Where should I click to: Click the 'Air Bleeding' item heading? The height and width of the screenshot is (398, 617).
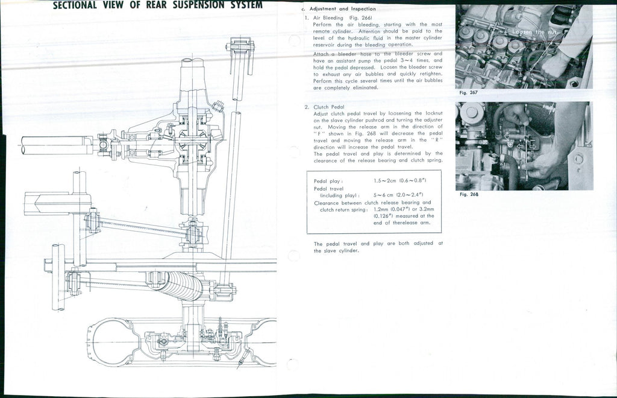tap(328, 18)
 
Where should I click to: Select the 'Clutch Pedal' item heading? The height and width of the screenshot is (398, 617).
tap(329, 107)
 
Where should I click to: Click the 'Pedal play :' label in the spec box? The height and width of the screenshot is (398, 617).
tap(329, 181)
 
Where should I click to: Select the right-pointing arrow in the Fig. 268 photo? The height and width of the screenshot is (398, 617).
tap(533, 145)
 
